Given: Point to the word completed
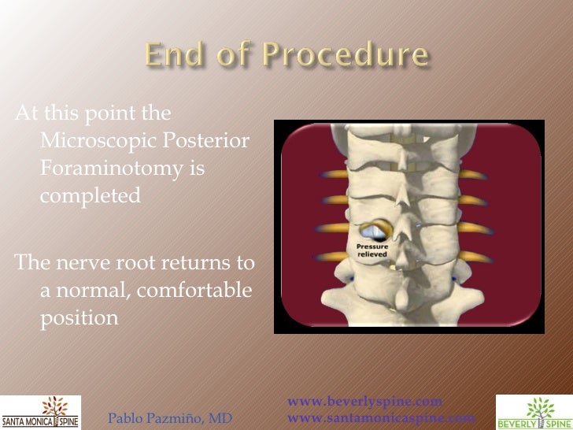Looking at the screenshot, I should (90, 195).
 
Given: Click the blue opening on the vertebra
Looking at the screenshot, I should (373, 232).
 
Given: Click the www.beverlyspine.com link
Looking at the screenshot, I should (365, 402).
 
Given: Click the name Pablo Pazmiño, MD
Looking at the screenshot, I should (169, 418).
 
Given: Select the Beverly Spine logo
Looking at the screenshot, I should (532, 411).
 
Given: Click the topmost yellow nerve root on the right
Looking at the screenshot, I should (472, 174).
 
